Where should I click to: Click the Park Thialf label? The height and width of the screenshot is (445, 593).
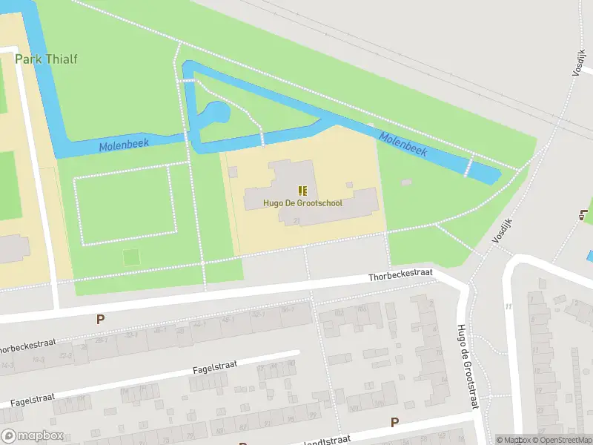tap(46, 59)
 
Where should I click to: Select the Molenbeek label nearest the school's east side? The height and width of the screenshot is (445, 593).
tap(402, 144)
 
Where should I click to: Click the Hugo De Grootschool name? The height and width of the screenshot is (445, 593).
tap(302, 202)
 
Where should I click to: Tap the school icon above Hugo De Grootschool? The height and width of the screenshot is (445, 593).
tap(302, 191)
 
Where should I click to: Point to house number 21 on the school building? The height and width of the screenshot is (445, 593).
tap(296, 220)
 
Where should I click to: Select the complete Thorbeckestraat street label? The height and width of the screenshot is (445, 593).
tap(400, 277)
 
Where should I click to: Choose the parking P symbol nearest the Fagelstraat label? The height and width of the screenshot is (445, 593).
tap(100, 319)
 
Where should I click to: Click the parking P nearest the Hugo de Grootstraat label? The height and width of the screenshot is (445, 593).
tap(394, 422)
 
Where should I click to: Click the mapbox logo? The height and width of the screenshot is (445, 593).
tap(33, 436)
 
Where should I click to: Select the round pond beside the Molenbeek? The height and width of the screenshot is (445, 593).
tap(218, 113)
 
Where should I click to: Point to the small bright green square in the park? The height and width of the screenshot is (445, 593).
tap(131, 257)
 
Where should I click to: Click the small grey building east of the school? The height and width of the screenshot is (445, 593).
tap(405, 182)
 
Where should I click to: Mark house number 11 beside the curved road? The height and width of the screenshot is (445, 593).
tap(508, 306)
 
